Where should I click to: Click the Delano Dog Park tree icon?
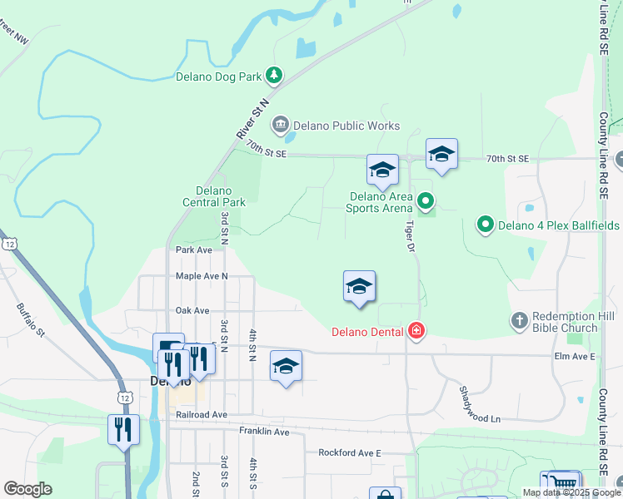tap(274, 77)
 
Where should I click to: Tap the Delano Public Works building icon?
tap(281, 126)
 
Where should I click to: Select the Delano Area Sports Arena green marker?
tap(426, 200)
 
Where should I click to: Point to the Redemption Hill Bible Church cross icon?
tap(519, 321)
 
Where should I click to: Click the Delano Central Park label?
tap(214, 196)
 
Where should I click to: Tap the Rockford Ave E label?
tap(349, 453)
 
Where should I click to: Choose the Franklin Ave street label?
tap(264, 432)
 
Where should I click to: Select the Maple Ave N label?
tap(202, 276)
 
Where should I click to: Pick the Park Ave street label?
tap(193, 249)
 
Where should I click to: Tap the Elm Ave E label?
tap(575, 356)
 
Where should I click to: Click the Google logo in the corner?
tap(27, 489)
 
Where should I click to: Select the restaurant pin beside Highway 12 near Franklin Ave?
tap(123, 430)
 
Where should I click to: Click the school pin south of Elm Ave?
tap(286, 367)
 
